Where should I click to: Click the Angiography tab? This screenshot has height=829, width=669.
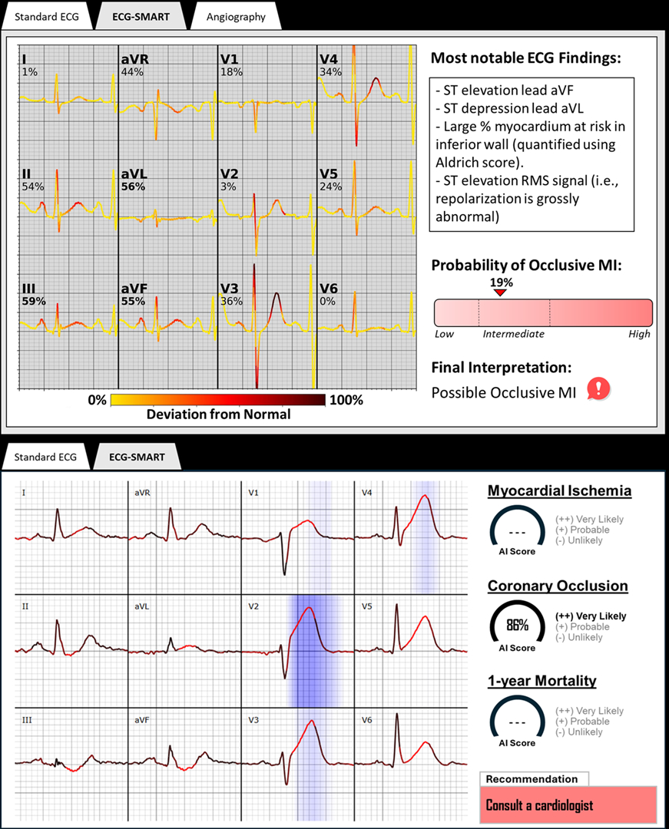236,17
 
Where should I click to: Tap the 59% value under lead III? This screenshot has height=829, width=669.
34,302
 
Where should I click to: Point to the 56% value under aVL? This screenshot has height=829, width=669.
133,187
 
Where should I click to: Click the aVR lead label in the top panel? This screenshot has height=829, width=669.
131,59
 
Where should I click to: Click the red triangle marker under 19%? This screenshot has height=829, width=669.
500,292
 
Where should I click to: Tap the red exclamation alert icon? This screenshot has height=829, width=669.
598,390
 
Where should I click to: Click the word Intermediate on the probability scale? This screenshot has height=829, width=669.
513,334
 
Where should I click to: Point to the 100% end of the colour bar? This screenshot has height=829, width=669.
346,400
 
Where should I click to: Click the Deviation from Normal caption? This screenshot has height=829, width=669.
218,414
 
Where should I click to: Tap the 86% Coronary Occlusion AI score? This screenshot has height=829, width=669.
517,625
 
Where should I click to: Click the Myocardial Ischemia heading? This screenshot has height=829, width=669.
559,490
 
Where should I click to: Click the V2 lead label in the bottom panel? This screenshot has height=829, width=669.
253,606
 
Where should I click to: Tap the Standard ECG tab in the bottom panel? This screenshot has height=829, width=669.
45,457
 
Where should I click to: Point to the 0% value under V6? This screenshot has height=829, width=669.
327,302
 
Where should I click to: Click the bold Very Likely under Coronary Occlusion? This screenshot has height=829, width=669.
590,616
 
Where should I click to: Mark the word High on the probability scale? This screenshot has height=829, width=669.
639,334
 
